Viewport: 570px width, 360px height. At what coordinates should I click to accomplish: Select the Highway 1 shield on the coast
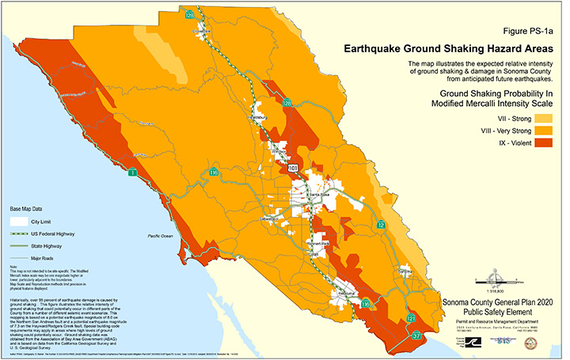(x=133, y=172)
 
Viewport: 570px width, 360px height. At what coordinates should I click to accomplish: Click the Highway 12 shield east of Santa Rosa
(x=382, y=225)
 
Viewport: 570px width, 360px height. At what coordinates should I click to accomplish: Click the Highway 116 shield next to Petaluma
(x=365, y=303)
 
